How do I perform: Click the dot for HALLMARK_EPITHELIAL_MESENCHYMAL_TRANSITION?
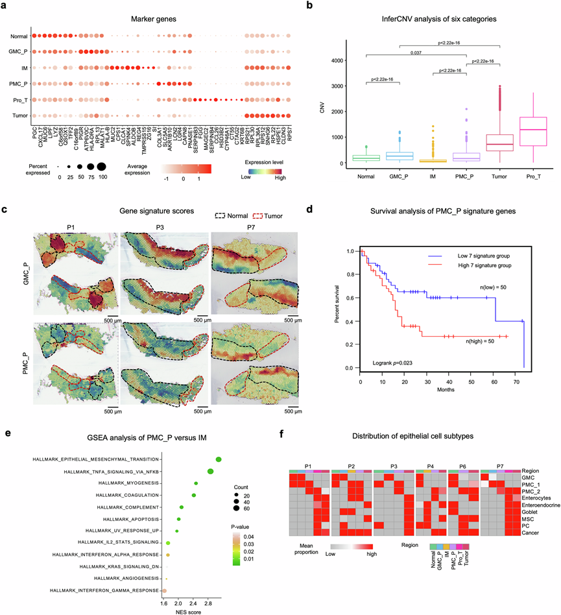[x=219, y=459]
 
